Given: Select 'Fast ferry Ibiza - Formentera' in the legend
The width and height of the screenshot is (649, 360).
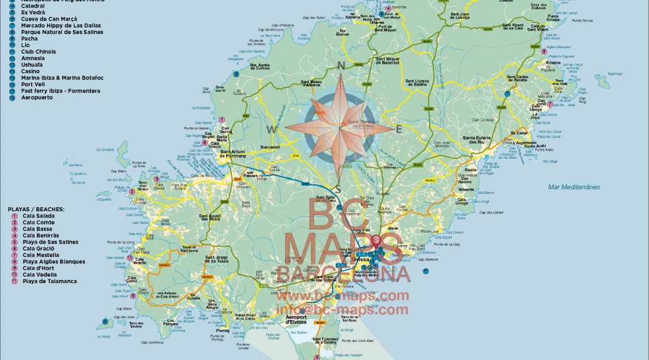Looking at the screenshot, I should pos(60,91).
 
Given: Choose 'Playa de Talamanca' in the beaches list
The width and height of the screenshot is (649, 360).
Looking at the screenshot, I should pos(49,281).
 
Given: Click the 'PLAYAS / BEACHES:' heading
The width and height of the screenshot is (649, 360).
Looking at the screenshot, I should pos(36,209).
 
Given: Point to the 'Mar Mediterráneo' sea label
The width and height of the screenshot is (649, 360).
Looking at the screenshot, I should pos(573,187).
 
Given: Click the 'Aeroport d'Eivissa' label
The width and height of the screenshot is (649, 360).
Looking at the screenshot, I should pos(296,319).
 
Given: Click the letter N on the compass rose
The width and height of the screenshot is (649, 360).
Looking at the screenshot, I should pos(341,65).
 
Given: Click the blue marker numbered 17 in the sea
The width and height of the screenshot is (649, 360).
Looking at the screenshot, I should pos(426,271).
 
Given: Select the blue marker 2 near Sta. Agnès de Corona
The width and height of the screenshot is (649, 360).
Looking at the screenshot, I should pos(236,74).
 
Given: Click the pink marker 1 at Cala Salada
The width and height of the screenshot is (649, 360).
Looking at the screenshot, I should pos(221,119).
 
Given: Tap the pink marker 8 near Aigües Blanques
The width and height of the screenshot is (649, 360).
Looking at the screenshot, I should pos(543,52).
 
